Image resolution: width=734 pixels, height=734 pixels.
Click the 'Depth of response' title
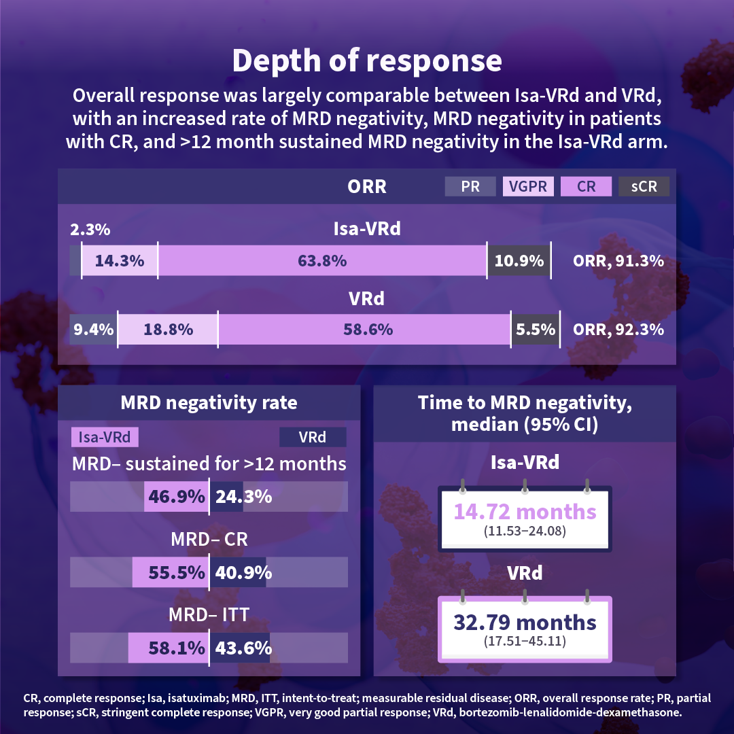(x=367, y=60)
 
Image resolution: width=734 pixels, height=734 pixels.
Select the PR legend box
(x=470, y=186)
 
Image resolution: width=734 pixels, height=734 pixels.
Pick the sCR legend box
(x=644, y=186)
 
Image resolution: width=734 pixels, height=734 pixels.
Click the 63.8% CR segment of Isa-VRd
(x=322, y=260)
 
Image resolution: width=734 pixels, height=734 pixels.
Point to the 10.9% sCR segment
(x=519, y=260)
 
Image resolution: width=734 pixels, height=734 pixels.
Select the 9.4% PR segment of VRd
(x=94, y=330)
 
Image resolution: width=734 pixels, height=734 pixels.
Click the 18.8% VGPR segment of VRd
(x=168, y=330)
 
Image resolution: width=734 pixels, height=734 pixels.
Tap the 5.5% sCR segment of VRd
(x=536, y=330)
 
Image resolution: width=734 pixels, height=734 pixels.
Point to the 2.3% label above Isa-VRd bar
(x=90, y=230)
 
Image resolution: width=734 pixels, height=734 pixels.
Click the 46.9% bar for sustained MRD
(x=175, y=497)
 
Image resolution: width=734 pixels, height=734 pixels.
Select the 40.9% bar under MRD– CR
(x=238, y=573)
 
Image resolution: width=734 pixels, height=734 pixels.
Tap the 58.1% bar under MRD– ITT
(x=168, y=648)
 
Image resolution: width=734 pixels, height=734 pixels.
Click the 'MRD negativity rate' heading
(x=209, y=402)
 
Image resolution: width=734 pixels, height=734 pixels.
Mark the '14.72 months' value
(x=525, y=511)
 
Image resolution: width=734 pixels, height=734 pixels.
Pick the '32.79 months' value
(x=525, y=622)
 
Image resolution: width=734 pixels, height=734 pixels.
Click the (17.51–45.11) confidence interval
(x=525, y=640)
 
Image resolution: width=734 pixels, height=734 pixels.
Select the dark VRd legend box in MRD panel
(x=313, y=437)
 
